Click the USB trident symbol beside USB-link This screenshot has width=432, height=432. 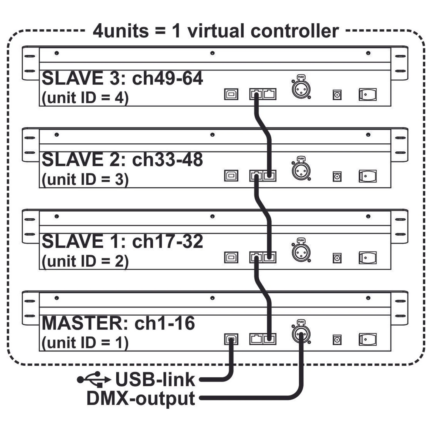[x=94, y=379]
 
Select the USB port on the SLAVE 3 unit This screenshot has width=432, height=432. [x=231, y=94]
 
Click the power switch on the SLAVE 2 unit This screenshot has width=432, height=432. [x=367, y=176]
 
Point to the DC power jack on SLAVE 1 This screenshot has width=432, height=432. [x=337, y=258]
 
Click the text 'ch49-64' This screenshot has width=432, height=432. [x=167, y=79]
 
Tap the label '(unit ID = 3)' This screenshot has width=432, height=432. [x=85, y=180]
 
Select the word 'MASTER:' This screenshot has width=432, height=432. [x=86, y=323]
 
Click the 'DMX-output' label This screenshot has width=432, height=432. [x=141, y=399]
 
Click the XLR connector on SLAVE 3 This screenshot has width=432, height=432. [x=301, y=89]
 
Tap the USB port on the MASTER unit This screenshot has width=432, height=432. [x=231, y=339]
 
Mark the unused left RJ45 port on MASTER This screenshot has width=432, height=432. [x=256, y=339]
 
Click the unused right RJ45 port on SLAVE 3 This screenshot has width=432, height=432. [x=269, y=94]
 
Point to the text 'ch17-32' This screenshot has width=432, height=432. [x=167, y=241]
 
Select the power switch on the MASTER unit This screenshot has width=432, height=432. [x=367, y=339]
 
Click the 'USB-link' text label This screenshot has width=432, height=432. [x=155, y=379]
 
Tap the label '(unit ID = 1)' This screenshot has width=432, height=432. [x=85, y=343]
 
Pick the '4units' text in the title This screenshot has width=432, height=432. [x=121, y=31]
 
